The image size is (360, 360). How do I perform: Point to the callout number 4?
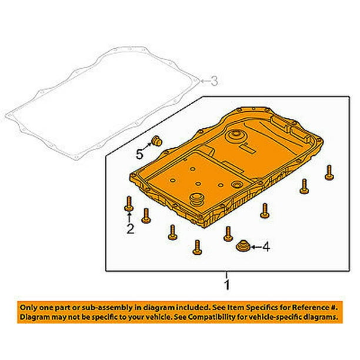coord(265,248)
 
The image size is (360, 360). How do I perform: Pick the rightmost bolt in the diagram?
coord(328,172)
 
